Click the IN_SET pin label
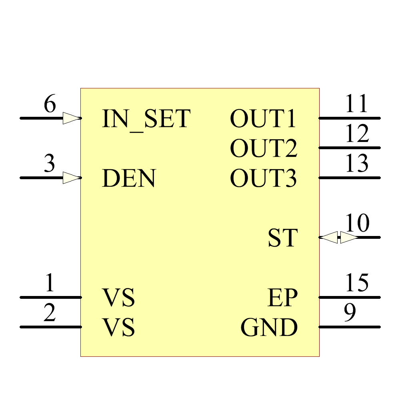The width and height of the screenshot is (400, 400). point(146,119)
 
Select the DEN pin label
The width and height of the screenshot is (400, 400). point(129,178)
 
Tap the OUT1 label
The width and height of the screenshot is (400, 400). point(263,119)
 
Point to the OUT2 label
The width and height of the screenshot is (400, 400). point(264,148)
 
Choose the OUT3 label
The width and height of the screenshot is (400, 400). point(263,178)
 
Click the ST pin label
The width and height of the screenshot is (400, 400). point(283,238)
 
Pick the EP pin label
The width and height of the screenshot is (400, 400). point(282,298)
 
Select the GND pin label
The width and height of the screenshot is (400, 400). point(269,328)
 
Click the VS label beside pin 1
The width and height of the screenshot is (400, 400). point(119,298)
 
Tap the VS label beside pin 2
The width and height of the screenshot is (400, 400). point(119,328)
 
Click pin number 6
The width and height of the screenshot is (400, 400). point(50,105)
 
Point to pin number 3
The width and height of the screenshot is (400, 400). point(49,164)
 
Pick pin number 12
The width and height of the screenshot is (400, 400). point(357,134)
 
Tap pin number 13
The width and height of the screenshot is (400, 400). point(357,164)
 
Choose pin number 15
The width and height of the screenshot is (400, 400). point(357,283)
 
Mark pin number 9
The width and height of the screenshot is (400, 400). point(350,313)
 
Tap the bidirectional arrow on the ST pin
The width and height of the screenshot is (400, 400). point(339,238)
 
